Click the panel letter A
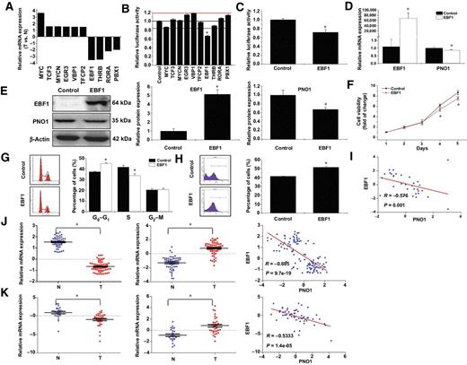click(x=6, y=7)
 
